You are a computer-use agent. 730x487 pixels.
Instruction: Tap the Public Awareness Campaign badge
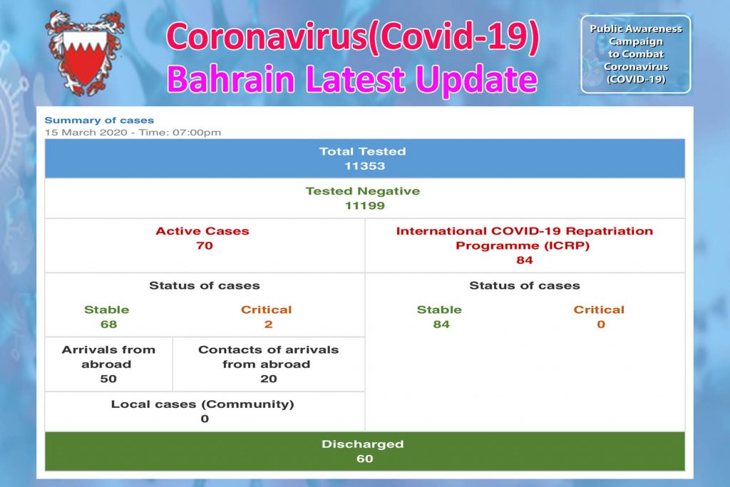tap(635, 54)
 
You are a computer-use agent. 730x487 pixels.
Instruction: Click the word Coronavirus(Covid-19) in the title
tap(352, 37)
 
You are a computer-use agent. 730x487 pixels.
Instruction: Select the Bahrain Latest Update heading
tap(351, 78)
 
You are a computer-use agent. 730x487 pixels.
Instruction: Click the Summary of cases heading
tap(99, 121)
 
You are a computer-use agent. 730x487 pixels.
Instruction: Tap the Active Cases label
tap(202, 231)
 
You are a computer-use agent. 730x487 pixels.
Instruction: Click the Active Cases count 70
tap(204, 246)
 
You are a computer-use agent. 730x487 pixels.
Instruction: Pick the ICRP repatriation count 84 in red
tap(525, 260)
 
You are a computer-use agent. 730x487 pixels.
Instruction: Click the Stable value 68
tap(108, 324)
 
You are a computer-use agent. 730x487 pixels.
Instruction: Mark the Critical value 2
tap(267, 324)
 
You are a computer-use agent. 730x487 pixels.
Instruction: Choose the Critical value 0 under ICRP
tap(600, 324)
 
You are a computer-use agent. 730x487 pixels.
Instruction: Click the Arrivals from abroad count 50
tap(108, 379)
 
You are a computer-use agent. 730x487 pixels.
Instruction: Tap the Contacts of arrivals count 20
tap(268, 379)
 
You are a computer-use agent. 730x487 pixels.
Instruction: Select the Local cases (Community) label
tap(202, 404)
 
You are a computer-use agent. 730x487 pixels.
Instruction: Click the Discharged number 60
tap(364, 458)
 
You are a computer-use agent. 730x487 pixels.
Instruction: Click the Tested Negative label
tap(362, 191)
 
